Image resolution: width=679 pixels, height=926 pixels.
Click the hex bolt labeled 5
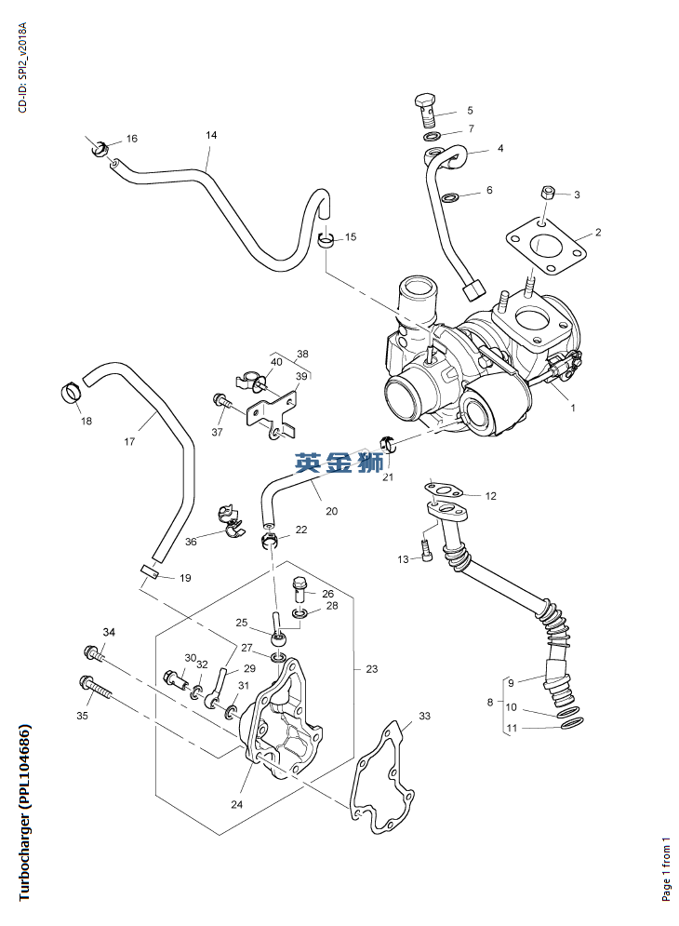tap(424, 110)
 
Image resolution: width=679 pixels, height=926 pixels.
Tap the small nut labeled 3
tap(548, 193)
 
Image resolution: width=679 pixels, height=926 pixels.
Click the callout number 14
tap(211, 136)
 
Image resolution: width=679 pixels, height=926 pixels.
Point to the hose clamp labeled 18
tap(71, 393)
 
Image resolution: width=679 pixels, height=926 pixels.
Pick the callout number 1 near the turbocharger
tap(573, 408)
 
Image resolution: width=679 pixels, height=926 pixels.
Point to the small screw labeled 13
tap(425, 549)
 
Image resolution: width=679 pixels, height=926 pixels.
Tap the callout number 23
tap(372, 669)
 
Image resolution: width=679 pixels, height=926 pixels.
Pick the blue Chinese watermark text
tap(339, 463)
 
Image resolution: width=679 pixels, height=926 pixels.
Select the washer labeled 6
tap(450, 197)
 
